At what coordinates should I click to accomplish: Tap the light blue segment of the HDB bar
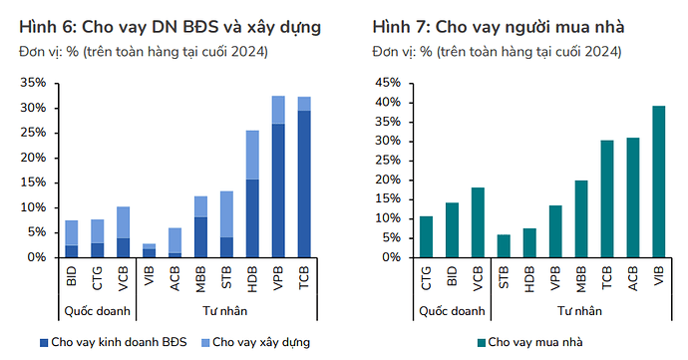(x=252, y=155)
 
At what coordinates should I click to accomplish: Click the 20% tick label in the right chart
(x=386, y=180)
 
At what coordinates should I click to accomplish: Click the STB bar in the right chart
(x=504, y=246)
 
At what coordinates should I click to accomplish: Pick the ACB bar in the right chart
(x=632, y=197)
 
